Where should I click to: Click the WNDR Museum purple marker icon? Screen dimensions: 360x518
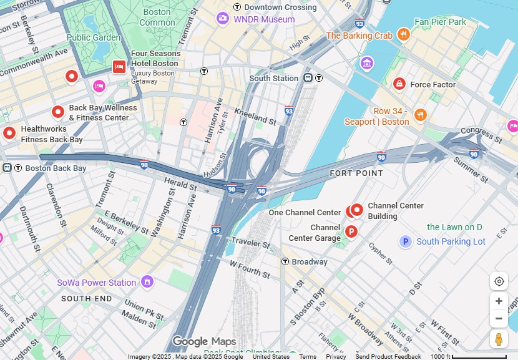(223, 19)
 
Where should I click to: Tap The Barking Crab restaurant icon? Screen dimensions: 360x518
(403, 35)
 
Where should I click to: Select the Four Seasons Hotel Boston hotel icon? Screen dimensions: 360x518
(119, 67)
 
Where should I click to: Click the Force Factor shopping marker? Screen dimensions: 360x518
(399, 84)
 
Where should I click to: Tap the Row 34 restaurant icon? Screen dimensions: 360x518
(420, 115)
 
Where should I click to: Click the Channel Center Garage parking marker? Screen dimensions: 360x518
(351, 232)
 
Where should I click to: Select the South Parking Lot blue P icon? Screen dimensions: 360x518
(406, 241)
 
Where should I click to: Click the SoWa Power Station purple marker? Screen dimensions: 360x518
(147, 282)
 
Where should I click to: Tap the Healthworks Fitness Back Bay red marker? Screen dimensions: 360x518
(9, 133)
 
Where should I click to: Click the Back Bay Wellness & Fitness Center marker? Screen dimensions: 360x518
(58, 112)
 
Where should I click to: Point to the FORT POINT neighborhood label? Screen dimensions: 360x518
(356, 173)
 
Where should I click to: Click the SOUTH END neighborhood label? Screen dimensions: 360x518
(87, 299)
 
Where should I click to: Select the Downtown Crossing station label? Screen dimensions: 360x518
(280, 7)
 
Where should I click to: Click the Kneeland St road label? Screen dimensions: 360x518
(255, 117)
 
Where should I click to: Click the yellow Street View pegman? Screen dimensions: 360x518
(499, 339)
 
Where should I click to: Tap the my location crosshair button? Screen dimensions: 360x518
(499, 281)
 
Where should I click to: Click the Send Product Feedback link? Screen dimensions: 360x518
(388, 356)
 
